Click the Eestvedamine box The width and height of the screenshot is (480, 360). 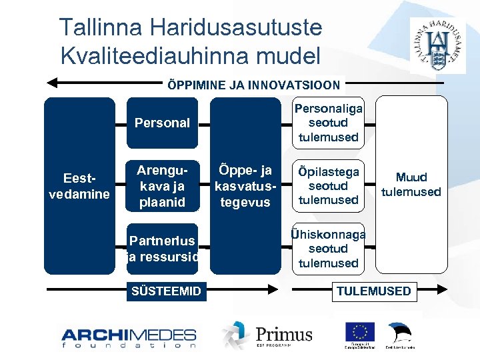79,186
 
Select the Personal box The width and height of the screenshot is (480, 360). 162,123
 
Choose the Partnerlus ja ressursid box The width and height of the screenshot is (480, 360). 162,248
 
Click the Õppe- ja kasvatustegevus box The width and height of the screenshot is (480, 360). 245,186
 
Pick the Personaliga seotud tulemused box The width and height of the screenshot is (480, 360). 329,123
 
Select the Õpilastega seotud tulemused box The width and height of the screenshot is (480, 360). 329,186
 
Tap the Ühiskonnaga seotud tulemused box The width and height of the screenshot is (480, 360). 329,248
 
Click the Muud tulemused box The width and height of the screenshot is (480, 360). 411,185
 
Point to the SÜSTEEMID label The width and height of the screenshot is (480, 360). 166,291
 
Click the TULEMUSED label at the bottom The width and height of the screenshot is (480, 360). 373,291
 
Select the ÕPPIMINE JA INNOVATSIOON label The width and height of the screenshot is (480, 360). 253,85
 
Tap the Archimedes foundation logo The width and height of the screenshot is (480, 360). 129,337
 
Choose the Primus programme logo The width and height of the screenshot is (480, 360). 267,335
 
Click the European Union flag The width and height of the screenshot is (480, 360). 359,332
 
